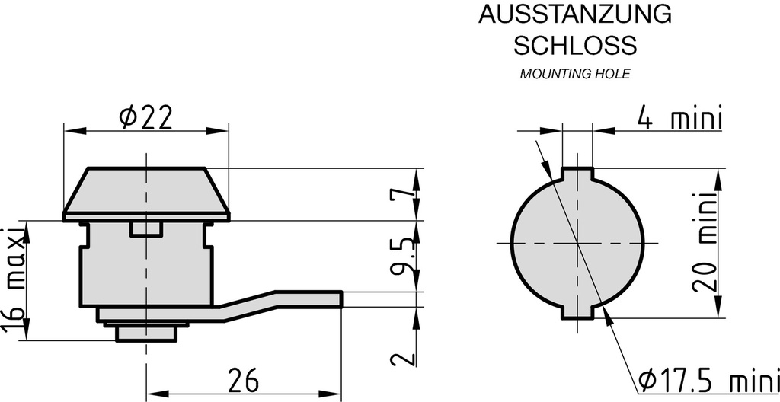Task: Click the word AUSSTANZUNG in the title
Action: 574,14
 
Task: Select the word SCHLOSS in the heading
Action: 574,46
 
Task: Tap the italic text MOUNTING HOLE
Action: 575,75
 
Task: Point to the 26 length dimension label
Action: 242,379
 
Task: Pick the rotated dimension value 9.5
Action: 403,257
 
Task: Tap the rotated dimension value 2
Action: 403,359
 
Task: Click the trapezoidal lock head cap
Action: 145,190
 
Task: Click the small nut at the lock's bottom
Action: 145,333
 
